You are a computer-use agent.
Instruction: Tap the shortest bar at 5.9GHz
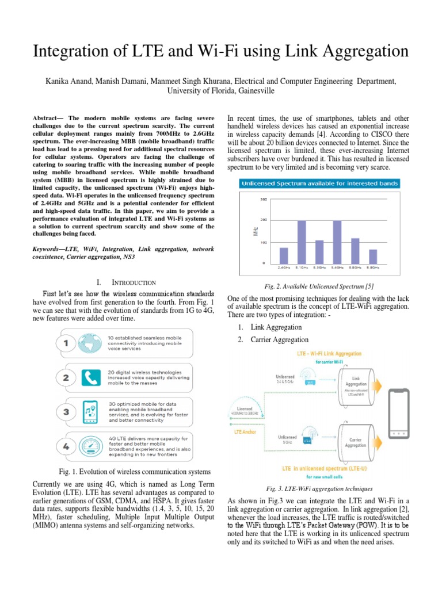click(373, 256)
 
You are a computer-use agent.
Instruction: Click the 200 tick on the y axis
click(264, 220)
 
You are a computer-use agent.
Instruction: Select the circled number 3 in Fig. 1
click(67, 412)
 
